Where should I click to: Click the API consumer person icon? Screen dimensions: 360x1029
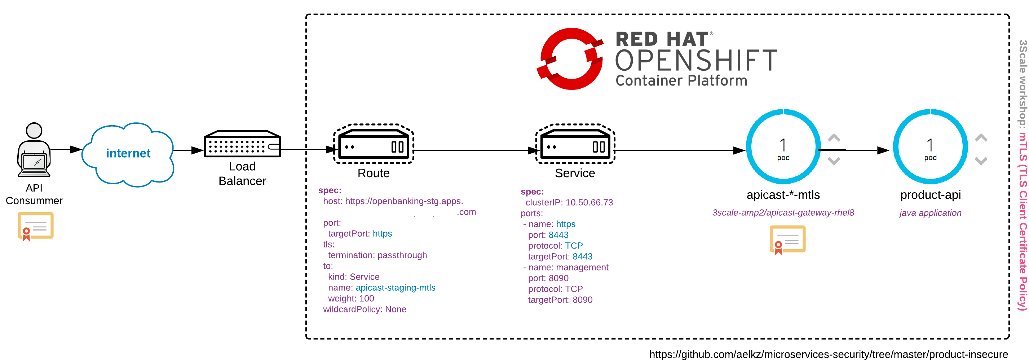tap(34, 150)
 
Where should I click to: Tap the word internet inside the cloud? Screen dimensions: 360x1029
tap(128, 153)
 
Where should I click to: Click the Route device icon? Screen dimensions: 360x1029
tap(373, 144)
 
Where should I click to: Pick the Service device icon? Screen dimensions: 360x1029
tap(575, 144)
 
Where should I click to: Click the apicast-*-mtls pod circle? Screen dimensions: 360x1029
tap(783, 147)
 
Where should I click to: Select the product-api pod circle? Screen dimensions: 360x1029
tap(930, 147)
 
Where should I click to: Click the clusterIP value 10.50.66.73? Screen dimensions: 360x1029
tap(589, 203)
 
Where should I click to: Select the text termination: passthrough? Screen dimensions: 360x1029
tap(377, 255)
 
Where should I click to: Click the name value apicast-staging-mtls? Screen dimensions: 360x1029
tap(396, 288)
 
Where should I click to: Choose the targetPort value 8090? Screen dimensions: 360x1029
tap(582, 300)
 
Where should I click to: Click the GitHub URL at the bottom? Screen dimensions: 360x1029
tap(828, 354)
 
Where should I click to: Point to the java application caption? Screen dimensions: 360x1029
tap(930, 213)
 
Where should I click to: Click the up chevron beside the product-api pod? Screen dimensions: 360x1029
tap(981, 138)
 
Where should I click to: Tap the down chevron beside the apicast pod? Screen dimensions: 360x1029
tap(834, 161)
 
